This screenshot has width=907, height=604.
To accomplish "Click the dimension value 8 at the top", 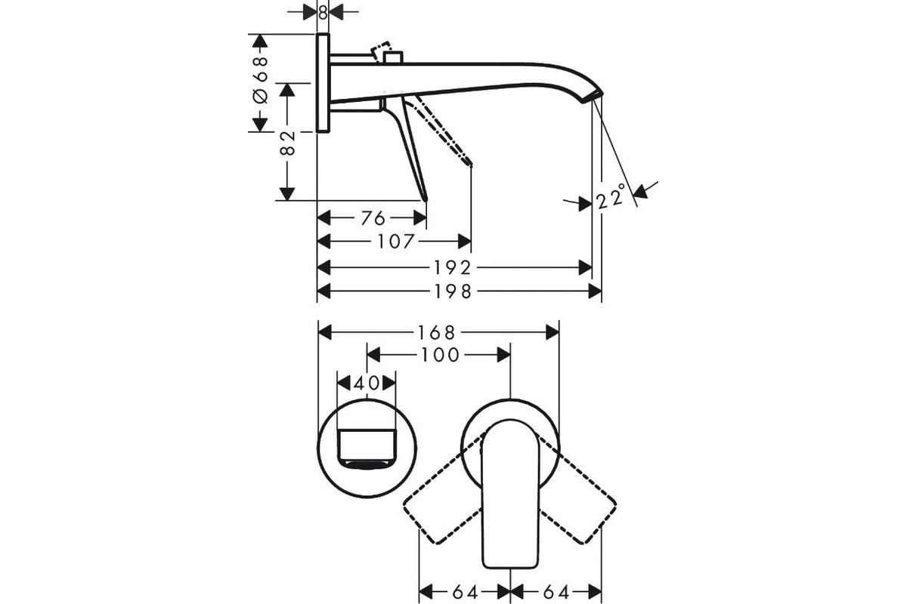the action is tap(322, 13).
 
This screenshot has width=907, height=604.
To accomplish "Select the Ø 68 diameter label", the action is tap(260, 80).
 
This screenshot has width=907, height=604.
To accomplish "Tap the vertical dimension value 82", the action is tap(287, 143).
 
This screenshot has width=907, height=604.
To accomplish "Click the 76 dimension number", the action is tap(373, 218).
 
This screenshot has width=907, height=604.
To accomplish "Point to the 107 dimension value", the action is tap(395, 242).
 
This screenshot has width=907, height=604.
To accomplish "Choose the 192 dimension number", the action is tap(452, 268).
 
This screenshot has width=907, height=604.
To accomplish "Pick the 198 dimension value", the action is tap(453, 291).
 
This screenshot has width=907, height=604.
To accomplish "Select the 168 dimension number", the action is tap(437, 333).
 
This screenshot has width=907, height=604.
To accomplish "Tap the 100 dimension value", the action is tap(440, 355).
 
